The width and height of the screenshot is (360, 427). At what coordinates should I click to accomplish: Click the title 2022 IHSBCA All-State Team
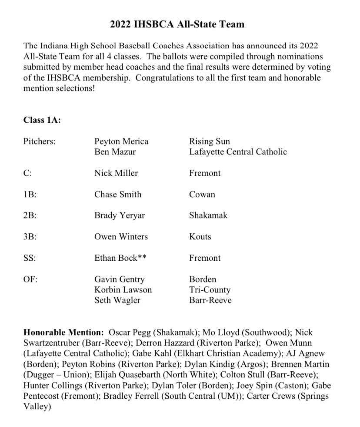[x=177, y=24]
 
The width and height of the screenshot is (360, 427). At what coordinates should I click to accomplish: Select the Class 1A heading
[x=42, y=121]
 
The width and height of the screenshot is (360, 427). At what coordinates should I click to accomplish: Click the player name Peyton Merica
[x=121, y=141]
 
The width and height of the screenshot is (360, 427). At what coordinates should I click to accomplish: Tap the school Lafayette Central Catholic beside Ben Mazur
[x=238, y=152]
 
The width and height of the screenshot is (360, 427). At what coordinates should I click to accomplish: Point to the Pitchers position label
[x=40, y=141]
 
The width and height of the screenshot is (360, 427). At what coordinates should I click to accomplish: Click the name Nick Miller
[x=116, y=173]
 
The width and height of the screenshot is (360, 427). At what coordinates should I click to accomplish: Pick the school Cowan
[x=202, y=195]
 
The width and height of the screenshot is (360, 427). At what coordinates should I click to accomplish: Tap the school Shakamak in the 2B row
[x=208, y=215]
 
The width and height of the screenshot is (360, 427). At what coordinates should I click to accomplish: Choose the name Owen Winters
[x=121, y=237]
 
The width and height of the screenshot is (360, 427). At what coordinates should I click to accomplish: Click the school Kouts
[x=200, y=237]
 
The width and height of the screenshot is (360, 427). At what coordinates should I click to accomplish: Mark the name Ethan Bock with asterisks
[x=120, y=258]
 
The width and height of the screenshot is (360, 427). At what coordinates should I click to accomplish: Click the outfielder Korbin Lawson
[x=123, y=289]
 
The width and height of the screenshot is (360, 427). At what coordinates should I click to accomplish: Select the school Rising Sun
[x=209, y=141]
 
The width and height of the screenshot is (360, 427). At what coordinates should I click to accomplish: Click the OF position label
[x=30, y=279]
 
